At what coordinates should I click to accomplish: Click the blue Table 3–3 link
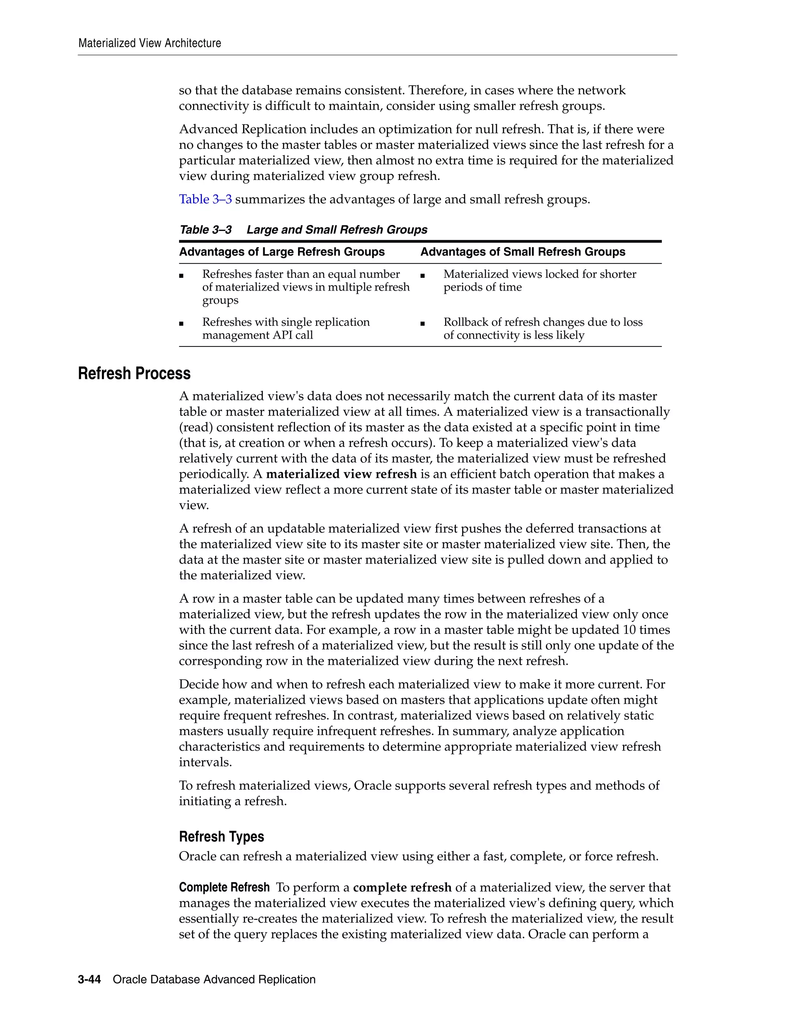(205, 199)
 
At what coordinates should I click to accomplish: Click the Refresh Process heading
(134, 373)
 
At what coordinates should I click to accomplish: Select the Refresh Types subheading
(221, 836)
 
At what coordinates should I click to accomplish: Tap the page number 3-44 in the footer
(90, 980)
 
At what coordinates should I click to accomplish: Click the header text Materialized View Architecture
(150, 43)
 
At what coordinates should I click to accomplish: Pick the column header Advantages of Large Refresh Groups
(282, 252)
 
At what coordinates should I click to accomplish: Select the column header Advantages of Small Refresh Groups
(523, 252)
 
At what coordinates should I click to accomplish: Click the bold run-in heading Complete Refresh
(224, 887)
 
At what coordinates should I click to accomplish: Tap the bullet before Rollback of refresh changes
(423, 324)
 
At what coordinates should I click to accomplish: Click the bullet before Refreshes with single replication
(181, 324)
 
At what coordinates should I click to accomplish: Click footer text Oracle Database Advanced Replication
(214, 980)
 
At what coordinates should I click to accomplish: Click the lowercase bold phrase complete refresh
(402, 887)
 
